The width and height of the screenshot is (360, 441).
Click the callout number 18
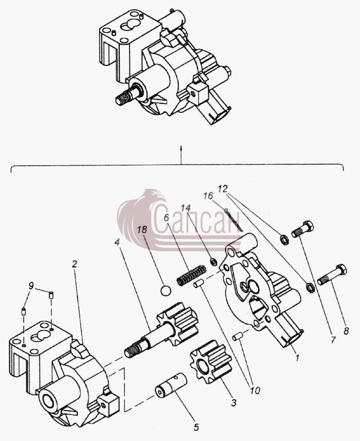(x=142, y=230)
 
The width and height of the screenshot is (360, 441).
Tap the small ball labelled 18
(x=166, y=291)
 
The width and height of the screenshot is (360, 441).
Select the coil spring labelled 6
(x=191, y=275)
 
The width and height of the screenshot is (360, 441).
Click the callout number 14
(x=186, y=208)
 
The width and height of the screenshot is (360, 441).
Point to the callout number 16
(x=208, y=196)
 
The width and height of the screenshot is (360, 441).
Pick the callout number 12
(x=223, y=189)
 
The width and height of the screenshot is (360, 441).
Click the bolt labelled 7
(x=302, y=229)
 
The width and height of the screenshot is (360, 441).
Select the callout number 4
(x=117, y=241)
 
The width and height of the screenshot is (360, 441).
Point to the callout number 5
(x=196, y=427)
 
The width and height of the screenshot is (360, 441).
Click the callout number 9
(x=31, y=286)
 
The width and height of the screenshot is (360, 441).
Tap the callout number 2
(x=75, y=264)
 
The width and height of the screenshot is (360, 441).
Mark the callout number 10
(x=255, y=390)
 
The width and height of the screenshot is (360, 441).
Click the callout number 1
(x=297, y=358)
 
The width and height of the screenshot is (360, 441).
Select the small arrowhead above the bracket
(x=181, y=148)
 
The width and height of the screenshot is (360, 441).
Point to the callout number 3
(x=234, y=403)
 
